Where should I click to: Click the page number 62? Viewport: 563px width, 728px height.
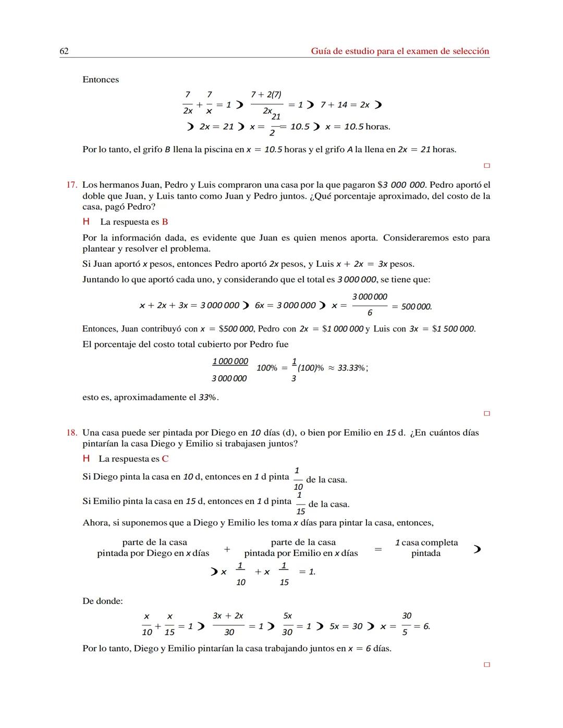pos(64,51)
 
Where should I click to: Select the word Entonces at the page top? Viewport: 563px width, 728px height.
pos(101,80)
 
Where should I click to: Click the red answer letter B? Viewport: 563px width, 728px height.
pos(165,222)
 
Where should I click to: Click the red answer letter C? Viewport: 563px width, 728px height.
pos(165,459)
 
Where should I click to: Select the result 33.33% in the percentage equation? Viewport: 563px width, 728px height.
pos(351,368)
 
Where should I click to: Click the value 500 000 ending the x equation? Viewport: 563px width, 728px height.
pos(416,307)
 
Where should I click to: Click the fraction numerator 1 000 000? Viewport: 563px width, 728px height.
pos(230,362)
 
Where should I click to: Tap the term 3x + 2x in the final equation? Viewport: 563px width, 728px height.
pos(228,616)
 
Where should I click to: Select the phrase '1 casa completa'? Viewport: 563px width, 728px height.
pos(426,542)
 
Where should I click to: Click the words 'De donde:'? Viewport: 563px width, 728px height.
pos(103,601)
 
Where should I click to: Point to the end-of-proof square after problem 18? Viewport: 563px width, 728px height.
pos(487,665)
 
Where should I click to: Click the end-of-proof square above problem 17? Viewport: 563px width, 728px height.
pos(487,166)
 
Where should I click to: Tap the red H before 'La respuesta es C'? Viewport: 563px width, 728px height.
pos(86,459)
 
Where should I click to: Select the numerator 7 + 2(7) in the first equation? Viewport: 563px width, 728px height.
pos(266,94)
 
